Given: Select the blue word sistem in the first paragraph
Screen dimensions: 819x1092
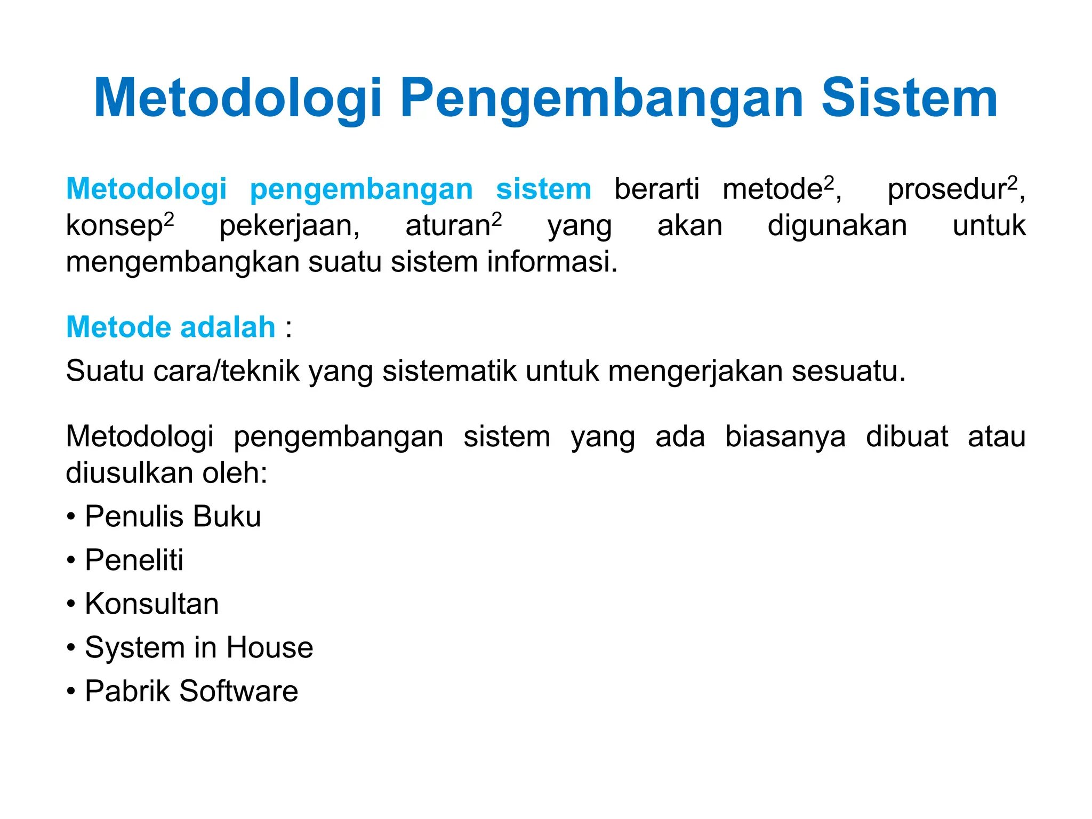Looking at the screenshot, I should pyautogui.click(x=543, y=189).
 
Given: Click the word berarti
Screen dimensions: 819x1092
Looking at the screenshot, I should pyautogui.click(x=656, y=189).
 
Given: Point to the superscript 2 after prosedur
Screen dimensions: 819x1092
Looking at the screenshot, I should pyautogui.click(x=1012, y=183).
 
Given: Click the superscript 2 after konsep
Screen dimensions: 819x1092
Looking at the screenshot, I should pyautogui.click(x=168, y=219).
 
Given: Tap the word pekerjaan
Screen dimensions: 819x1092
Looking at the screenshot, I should pyautogui.click(x=290, y=226).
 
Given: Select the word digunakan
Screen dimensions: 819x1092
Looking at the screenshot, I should pyautogui.click(x=837, y=226).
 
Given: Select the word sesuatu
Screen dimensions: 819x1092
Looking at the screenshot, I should pyautogui.click(x=848, y=372).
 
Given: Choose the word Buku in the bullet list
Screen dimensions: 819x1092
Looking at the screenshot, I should pyautogui.click(x=227, y=516).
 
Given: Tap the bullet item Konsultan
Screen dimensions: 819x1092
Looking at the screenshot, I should pyautogui.click(x=151, y=604).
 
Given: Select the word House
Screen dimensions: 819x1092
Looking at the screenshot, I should pyautogui.click(x=269, y=647).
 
